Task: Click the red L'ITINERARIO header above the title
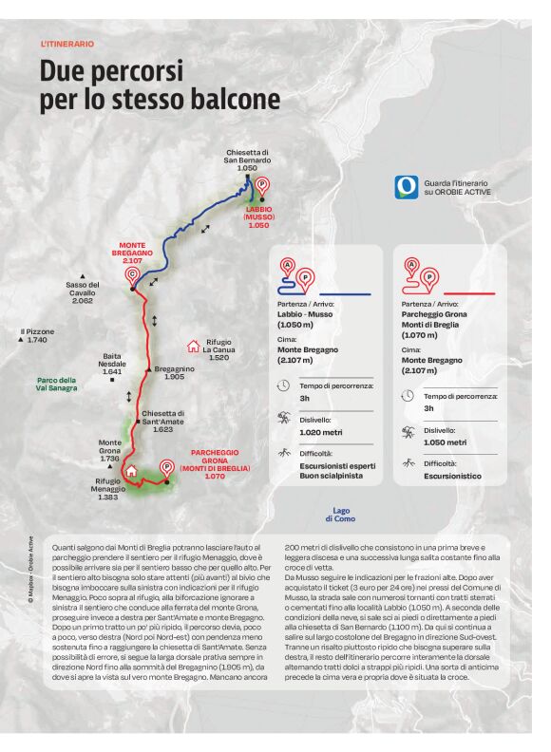point(67,44)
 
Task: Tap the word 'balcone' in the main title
point(232,99)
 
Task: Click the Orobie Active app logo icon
point(406,186)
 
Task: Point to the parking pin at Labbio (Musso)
point(263,186)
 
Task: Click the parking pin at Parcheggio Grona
point(167,467)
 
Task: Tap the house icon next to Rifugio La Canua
point(194,347)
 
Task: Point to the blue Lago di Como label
point(341,514)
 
